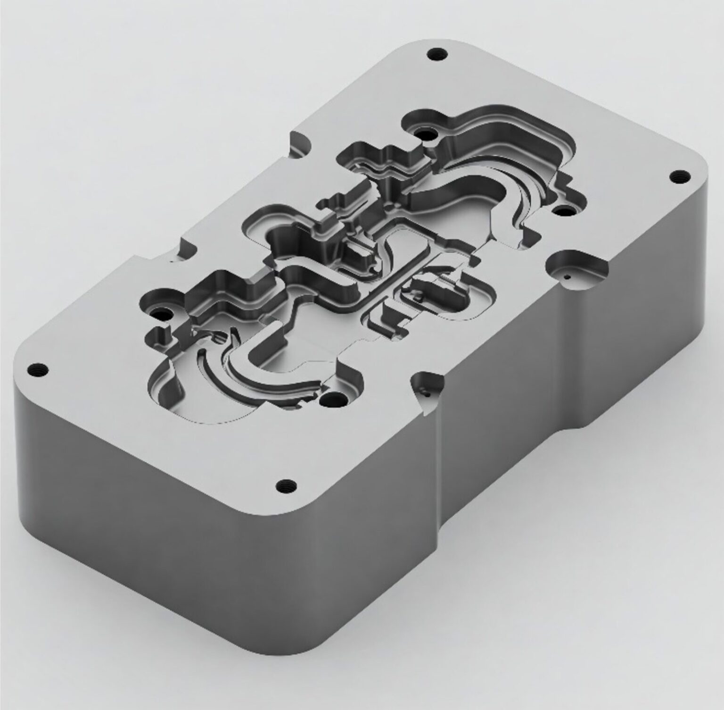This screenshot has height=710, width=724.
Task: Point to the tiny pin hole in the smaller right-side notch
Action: pos(427,391)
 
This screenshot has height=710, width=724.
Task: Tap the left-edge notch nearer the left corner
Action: pos(186,249)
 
